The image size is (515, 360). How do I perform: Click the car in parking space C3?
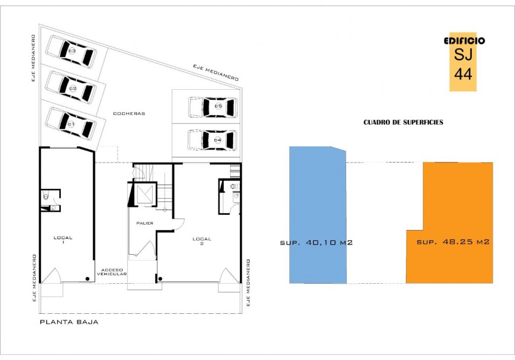(71, 51)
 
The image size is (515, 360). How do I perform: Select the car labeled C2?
(71, 88)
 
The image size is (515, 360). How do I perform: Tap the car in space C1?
(71, 124)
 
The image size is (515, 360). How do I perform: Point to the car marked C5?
(213, 107)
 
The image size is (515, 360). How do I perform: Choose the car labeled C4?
(213, 140)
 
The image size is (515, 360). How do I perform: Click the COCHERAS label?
(129, 113)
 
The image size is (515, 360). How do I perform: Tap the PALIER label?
(145, 223)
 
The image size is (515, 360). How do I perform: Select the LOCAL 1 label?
(63, 240)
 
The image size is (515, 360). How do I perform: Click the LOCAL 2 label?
(202, 241)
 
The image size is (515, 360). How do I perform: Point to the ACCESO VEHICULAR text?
(112, 272)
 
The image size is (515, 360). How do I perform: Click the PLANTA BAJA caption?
(69, 322)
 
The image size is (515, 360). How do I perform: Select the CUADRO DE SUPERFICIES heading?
(403, 123)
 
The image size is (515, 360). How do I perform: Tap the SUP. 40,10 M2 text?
(316, 243)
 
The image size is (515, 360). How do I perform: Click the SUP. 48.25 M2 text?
(453, 242)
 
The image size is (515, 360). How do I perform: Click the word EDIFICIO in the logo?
(464, 41)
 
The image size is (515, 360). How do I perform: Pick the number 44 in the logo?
(463, 74)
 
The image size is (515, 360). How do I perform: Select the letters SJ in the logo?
(463, 54)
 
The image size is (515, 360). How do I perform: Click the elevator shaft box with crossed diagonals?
(145, 195)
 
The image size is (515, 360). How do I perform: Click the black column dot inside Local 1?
(88, 279)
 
